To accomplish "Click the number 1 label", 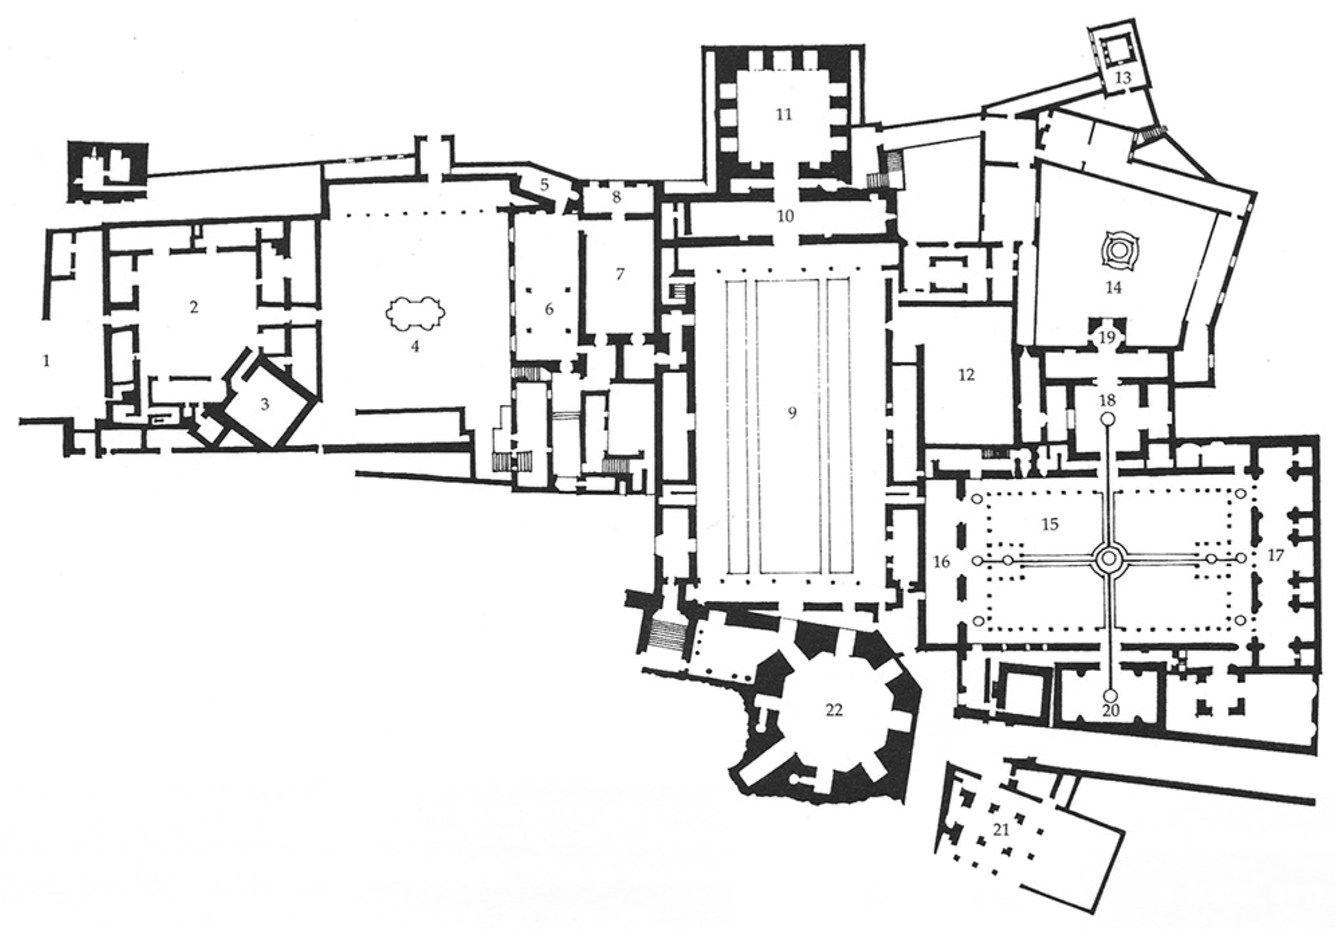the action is (x=46, y=361).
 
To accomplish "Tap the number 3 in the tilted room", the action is (x=265, y=404).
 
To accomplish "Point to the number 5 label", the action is (x=544, y=184).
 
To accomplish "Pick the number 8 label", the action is (x=616, y=198).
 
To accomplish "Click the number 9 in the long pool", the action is (x=792, y=413).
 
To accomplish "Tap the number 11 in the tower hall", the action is (x=783, y=114).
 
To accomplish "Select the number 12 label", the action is (x=966, y=374).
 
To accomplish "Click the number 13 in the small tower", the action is (x=1122, y=78).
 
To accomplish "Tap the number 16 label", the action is (x=941, y=561).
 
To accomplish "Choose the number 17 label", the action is (x=1275, y=555).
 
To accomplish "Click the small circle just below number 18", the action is (x=1108, y=419).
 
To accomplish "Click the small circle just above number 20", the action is (x=1110, y=695).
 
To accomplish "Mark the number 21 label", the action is (x=1000, y=830).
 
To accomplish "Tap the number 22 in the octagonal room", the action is (x=833, y=710).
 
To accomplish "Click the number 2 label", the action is (x=194, y=307).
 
